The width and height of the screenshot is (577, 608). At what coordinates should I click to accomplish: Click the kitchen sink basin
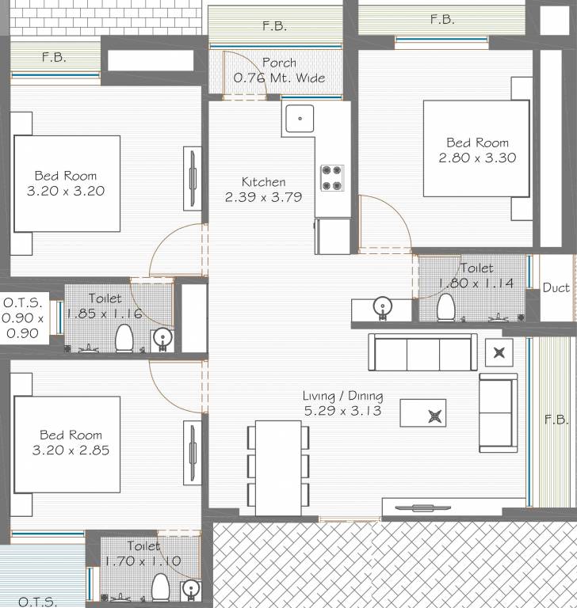(300, 118)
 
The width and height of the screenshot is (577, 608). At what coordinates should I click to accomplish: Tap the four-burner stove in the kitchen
(332, 178)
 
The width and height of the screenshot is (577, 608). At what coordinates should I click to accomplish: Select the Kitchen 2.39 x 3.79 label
(264, 190)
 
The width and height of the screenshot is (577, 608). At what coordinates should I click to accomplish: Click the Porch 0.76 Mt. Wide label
(279, 70)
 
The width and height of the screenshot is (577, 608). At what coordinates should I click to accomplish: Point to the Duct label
(556, 287)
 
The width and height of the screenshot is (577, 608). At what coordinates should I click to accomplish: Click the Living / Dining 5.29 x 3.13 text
(343, 404)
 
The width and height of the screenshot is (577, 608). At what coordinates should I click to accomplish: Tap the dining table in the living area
(278, 468)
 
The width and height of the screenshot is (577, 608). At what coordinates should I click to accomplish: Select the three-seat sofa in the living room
(423, 352)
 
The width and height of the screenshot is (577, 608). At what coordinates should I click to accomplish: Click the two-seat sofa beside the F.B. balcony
(499, 413)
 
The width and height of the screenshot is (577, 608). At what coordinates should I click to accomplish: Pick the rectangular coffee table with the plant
(423, 413)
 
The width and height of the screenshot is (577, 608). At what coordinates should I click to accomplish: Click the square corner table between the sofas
(499, 352)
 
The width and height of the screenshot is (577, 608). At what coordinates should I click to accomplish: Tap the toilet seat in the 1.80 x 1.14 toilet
(445, 307)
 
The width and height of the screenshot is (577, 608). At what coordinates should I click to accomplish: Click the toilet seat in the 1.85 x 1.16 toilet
(124, 338)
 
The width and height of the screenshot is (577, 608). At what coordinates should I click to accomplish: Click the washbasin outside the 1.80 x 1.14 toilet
(383, 307)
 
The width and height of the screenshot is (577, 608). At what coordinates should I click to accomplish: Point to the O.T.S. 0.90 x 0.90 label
(22, 317)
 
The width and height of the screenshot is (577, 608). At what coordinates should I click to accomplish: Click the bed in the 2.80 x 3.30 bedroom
(476, 149)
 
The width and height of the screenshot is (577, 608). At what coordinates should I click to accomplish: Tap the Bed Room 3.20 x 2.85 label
(71, 443)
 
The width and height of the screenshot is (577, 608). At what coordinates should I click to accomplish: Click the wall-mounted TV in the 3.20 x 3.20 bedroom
(193, 178)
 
